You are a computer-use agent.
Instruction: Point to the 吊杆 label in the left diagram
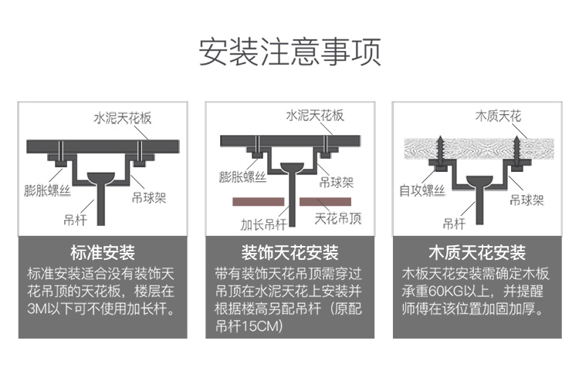[74, 219]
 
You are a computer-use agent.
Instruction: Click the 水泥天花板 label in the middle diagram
[315, 116]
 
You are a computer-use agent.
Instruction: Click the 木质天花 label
[497, 116]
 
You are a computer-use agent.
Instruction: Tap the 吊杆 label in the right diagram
[453, 224]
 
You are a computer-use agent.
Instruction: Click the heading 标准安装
[102, 253]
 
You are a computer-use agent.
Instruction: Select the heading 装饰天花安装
[290, 253]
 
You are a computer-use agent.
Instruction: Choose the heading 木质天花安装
[476, 253]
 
